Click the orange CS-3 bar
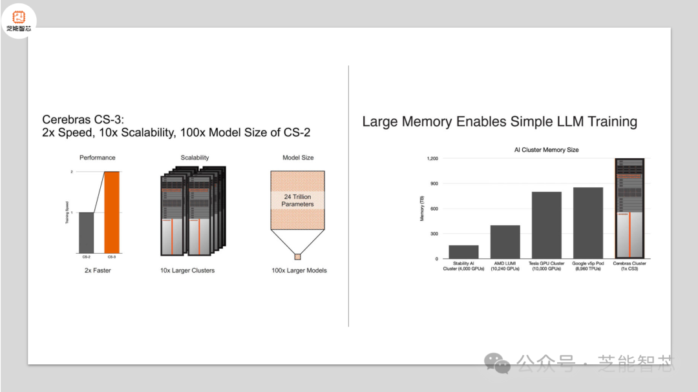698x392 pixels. click(112, 212)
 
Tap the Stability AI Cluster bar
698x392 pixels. click(463, 252)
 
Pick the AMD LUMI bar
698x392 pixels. click(505, 242)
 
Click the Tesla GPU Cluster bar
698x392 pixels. click(546, 225)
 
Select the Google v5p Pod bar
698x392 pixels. click(587, 223)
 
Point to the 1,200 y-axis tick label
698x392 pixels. click(432, 158)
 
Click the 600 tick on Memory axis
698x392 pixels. click(434, 209)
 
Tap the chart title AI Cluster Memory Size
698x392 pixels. click(546, 150)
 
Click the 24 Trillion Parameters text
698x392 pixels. click(297, 200)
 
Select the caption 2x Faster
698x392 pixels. click(98, 271)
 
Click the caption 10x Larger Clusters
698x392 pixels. click(187, 271)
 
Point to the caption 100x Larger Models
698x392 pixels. click(299, 271)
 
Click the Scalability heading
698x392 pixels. click(195, 158)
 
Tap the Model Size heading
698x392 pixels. click(297, 158)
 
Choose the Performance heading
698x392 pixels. click(97, 158)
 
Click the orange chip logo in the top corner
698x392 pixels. click(18, 16)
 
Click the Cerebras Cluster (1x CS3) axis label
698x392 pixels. click(629, 266)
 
